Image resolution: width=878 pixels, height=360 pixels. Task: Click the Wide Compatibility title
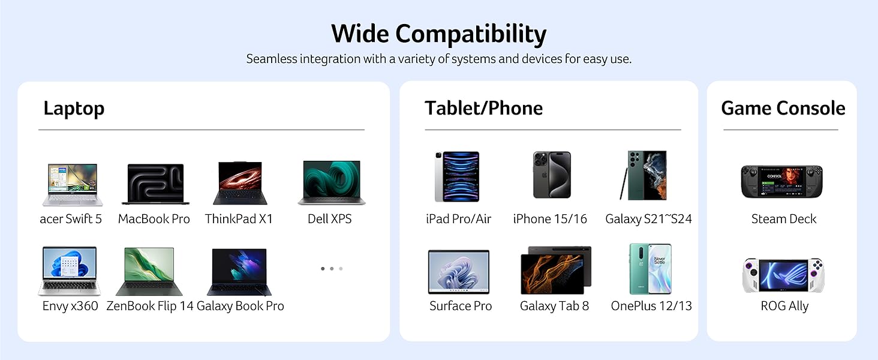pyautogui.click(x=438, y=34)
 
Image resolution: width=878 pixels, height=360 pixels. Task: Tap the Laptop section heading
pyautogui.click(x=74, y=109)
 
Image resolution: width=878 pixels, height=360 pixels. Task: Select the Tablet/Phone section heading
pyautogui.click(x=483, y=108)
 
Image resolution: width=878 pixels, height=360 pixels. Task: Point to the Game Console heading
pyautogui.click(x=783, y=108)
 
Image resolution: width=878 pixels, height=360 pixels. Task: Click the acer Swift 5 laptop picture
pyautogui.click(x=72, y=185)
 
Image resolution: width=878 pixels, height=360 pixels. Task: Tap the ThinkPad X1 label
pyautogui.click(x=239, y=219)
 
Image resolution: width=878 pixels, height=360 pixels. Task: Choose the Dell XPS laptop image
pyautogui.click(x=331, y=182)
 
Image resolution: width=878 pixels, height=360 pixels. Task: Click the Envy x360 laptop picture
pyautogui.click(x=70, y=271)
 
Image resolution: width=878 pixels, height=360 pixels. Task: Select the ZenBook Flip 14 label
pyautogui.click(x=150, y=306)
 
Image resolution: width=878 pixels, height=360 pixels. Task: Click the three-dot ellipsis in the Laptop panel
pyautogui.click(x=332, y=269)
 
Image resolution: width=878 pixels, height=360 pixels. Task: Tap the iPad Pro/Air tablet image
pyautogui.click(x=457, y=176)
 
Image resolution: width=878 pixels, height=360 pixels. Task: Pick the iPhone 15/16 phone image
pyautogui.click(x=552, y=175)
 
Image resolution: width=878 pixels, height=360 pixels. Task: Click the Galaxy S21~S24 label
pyautogui.click(x=648, y=219)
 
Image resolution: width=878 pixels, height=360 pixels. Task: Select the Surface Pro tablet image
pyautogui.click(x=459, y=272)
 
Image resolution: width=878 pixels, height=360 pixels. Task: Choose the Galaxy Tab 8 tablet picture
pyautogui.click(x=555, y=269)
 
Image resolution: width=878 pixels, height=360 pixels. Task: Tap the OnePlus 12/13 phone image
pyautogui.click(x=650, y=269)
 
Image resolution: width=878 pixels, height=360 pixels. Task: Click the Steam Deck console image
pyautogui.click(x=781, y=181)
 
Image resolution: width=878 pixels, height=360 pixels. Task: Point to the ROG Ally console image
pyautogui.click(x=783, y=276)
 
